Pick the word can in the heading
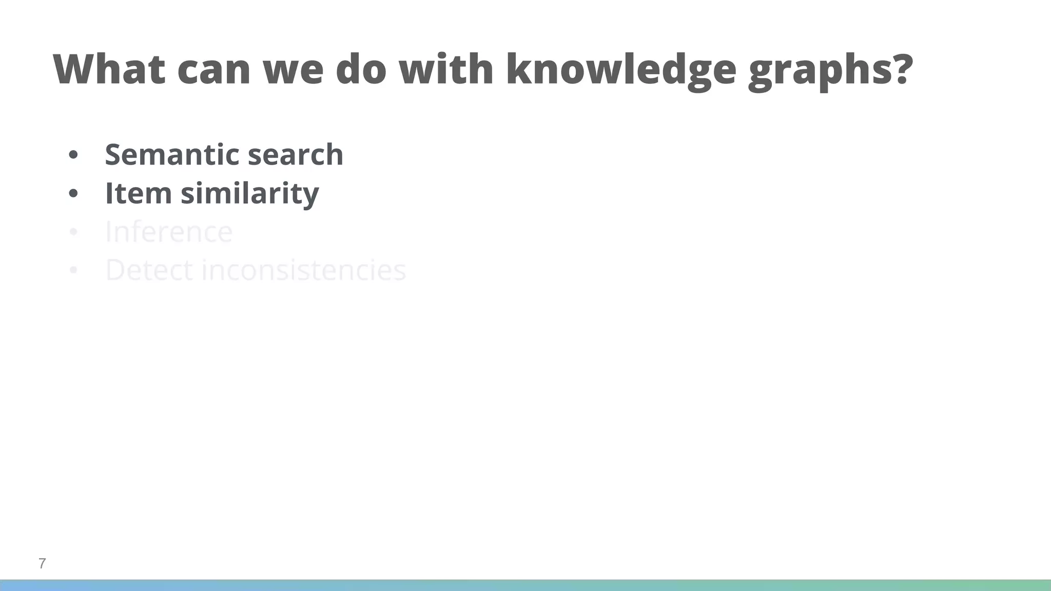[x=213, y=71]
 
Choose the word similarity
[x=250, y=194]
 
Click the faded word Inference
[x=169, y=232]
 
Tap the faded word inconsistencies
[x=303, y=270]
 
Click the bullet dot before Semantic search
[x=73, y=155]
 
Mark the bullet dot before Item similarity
[x=73, y=194]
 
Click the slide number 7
[x=42, y=563]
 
